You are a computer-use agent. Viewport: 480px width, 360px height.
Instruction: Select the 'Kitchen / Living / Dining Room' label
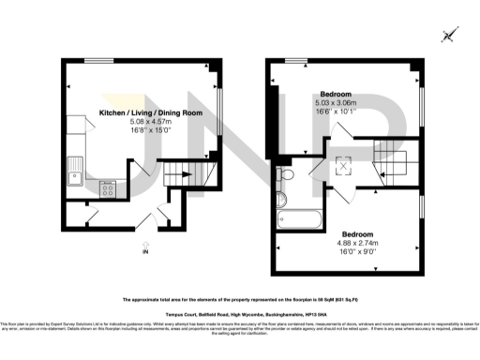[x=152, y=112]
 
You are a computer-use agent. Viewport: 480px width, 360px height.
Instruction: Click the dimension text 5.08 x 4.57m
[x=152, y=121]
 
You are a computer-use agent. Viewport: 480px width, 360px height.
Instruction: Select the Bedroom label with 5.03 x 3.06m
[x=337, y=95]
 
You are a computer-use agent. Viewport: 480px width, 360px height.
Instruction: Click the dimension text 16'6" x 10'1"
[x=337, y=112]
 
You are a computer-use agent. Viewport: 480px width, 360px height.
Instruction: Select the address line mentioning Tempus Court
[x=240, y=313]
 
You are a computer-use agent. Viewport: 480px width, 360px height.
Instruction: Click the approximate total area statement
[x=240, y=300]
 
